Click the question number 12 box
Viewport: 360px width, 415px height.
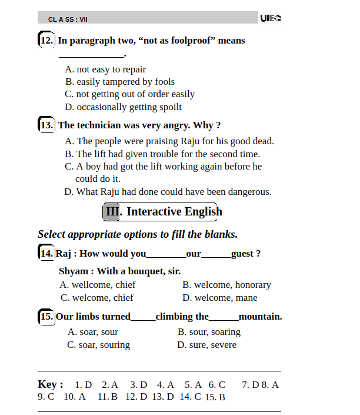click(46, 41)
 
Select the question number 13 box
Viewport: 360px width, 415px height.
click(46, 125)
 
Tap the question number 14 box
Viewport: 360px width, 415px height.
click(46, 254)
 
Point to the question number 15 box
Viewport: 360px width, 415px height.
click(46, 317)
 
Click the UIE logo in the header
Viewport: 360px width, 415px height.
click(271, 18)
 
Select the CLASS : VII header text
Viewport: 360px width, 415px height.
click(68, 19)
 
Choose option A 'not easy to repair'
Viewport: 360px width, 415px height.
click(105, 69)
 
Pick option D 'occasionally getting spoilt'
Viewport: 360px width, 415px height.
click(123, 107)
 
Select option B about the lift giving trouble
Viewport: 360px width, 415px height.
click(162, 154)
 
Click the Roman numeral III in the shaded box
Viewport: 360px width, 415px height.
click(112, 212)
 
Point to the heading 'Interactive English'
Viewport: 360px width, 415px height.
click(174, 212)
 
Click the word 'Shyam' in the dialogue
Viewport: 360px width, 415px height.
click(74, 271)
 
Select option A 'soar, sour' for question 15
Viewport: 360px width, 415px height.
click(93, 332)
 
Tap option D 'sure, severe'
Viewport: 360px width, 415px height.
click(206, 345)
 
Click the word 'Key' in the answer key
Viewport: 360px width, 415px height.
click(48, 384)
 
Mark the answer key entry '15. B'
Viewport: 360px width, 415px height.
click(215, 397)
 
